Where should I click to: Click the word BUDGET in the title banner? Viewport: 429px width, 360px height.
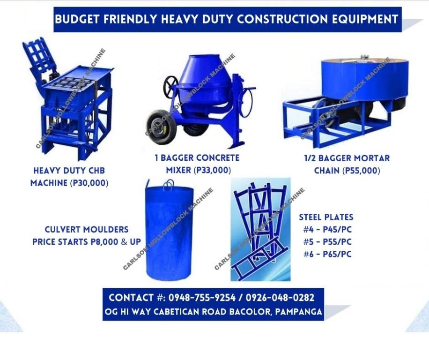click(74, 20)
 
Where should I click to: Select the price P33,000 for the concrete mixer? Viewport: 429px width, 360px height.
click(212, 170)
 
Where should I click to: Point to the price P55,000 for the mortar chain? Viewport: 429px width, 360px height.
click(361, 171)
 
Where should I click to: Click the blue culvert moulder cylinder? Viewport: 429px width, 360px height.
click(170, 232)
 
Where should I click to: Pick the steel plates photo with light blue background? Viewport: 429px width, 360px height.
click(260, 230)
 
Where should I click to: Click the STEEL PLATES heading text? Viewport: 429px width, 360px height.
click(326, 217)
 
